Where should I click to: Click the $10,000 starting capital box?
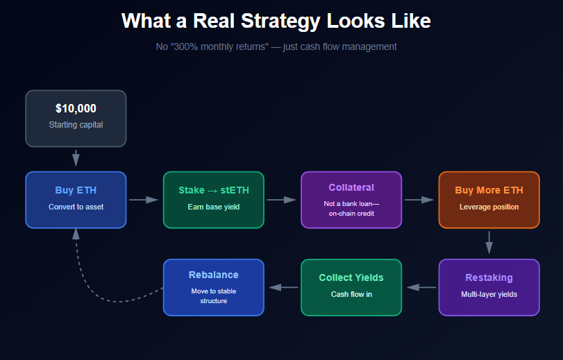(76, 118)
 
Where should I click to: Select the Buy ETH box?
(76, 199)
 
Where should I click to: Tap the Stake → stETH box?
(213, 199)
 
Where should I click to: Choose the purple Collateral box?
(351, 199)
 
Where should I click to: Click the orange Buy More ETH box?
(489, 199)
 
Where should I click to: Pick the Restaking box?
(489, 286)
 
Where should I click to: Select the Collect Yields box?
(351, 286)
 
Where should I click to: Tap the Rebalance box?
(213, 286)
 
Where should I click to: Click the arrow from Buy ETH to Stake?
(144, 200)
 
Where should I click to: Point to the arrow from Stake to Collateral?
(282, 200)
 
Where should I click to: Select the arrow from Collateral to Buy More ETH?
(419, 200)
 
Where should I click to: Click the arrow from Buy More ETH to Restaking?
(489, 243)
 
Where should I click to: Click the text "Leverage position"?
(489, 207)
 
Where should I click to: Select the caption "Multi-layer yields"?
(489, 294)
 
